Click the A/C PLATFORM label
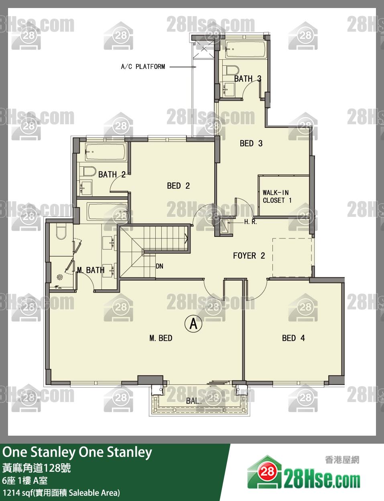coord(143,67)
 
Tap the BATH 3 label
coord(248,79)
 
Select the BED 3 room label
coord(251,143)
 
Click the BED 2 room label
coord(178,186)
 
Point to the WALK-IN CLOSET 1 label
coord(277,196)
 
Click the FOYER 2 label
coord(249,256)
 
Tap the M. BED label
coord(161,338)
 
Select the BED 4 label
coord(293,338)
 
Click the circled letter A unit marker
coord(193,324)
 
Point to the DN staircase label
coord(159,266)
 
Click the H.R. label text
coord(250,222)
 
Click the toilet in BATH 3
coord(232,70)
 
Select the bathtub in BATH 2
coord(106,152)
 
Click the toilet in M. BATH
coord(61,232)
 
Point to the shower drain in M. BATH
coord(60,277)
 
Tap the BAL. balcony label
coord(194,401)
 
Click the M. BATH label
coord(91,270)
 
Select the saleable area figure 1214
coord(11,493)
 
